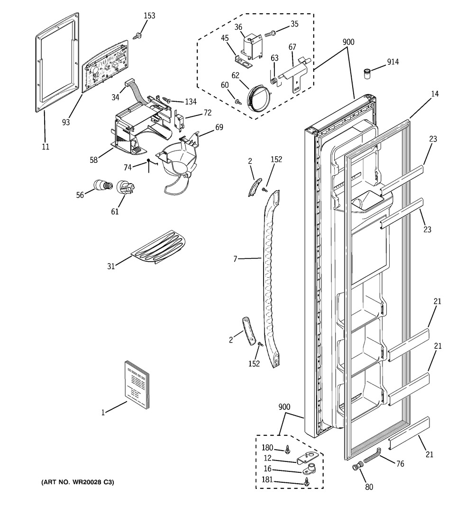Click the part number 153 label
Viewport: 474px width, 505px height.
click(149, 16)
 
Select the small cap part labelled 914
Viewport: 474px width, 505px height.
click(367, 73)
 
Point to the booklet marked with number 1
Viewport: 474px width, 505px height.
click(137, 384)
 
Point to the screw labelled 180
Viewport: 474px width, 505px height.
click(287, 449)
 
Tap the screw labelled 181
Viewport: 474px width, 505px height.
click(306, 481)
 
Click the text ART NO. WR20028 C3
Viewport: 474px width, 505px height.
click(78, 482)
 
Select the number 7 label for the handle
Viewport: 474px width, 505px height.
click(235, 258)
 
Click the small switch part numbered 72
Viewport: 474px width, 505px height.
click(178, 121)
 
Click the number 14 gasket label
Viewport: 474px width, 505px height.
click(435, 94)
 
